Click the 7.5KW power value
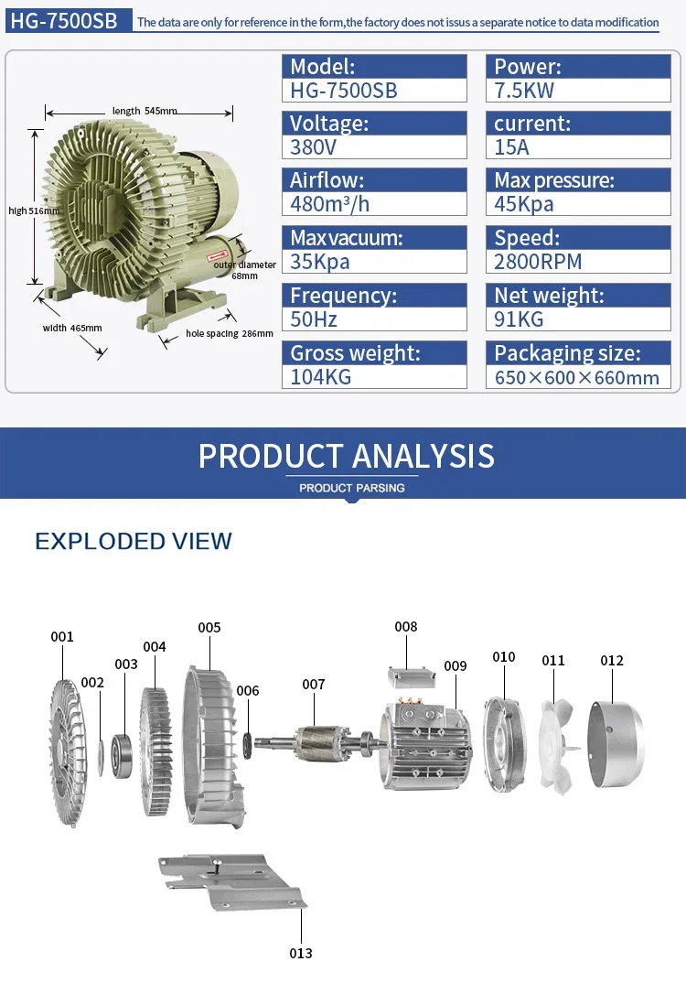click(x=524, y=91)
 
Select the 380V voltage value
click(x=313, y=147)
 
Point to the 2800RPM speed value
click(x=538, y=262)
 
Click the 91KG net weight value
click(x=519, y=319)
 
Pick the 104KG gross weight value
click(x=320, y=376)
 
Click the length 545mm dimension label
click(x=145, y=111)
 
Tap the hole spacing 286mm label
click(x=230, y=333)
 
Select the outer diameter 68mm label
click(x=244, y=270)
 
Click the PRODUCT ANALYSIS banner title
click(x=347, y=456)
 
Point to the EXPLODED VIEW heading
click(x=134, y=541)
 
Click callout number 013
click(x=301, y=954)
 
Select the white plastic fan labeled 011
click(x=557, y=747)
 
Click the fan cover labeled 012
click(x=616, y=744)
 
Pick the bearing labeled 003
click(x=122, y=756)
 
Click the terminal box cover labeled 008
click(x=412, y=677)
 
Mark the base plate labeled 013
click(x=232, y=882)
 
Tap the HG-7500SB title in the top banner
click(x=64, y=21)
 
